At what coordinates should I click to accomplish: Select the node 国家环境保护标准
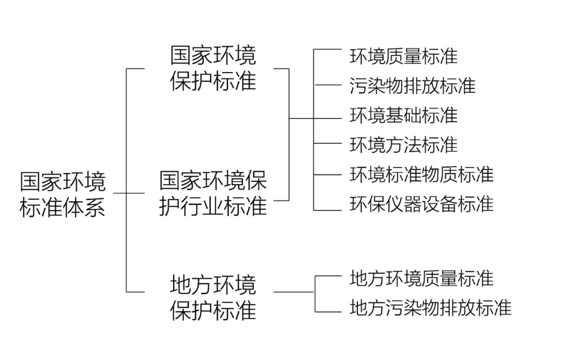pos(214,68)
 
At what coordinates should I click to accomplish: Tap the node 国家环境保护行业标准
pos(213,193)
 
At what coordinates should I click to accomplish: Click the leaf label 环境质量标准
pos(404,56)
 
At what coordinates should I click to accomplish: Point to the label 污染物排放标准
pos(412,85)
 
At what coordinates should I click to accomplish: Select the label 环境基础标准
pos(404,115)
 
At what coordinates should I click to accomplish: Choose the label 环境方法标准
pos(404,144)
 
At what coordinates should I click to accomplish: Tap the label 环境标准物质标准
pos(422,174)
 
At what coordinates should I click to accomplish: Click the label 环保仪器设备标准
pos(422,204)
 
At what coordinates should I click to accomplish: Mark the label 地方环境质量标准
pos(422,278)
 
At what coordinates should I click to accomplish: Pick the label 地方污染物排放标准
pos(431,308)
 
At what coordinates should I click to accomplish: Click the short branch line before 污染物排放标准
pos(327,85)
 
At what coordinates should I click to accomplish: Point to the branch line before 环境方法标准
pos(327,144)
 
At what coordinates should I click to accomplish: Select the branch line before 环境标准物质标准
pos(327,174)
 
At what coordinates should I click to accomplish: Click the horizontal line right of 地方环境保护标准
pos(294,292)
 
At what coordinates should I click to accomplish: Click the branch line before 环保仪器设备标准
pos(327,210)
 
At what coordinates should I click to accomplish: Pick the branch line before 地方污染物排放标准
pos(328,311)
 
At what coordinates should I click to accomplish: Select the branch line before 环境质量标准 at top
pos(327,50)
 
